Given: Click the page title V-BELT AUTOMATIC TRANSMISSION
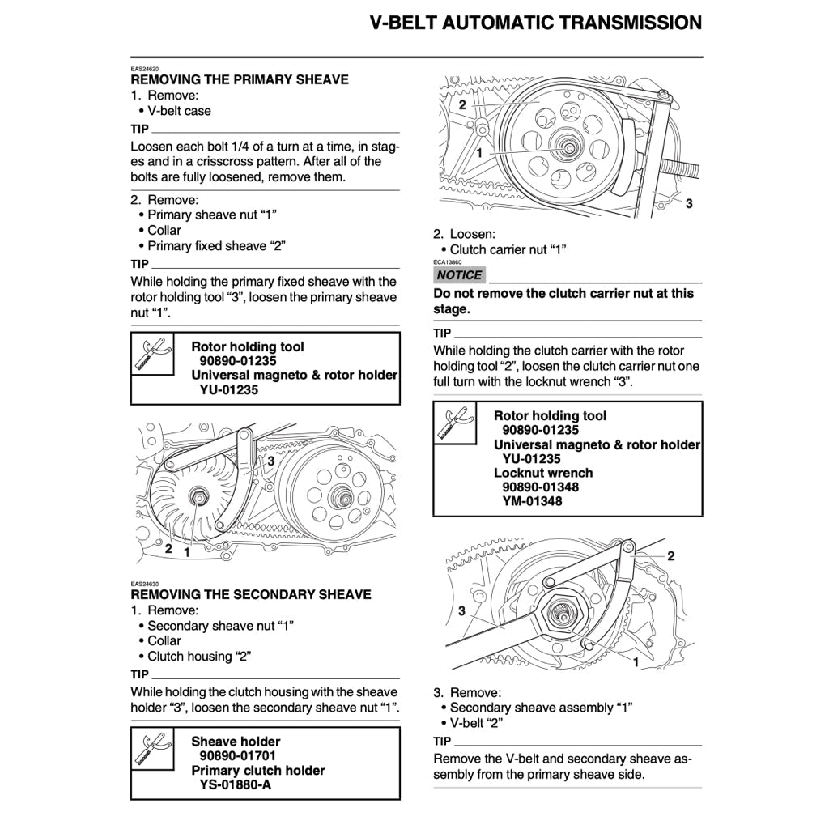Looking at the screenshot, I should tap(535, 23).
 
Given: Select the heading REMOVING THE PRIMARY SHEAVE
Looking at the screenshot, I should tap(240, 79).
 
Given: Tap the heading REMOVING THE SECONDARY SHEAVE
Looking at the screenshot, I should tap(251, 594).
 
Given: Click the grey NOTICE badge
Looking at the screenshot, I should tap(459, 275).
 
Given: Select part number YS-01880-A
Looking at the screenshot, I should tap(236, 784).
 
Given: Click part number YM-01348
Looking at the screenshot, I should tap(532, 501).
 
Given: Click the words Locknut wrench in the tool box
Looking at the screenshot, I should tap(543, 473).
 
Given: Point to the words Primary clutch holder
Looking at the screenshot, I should tap(258, 770).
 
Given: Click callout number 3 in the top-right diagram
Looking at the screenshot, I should tap(689, 204).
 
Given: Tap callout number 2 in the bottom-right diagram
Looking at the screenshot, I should tap(670, 556).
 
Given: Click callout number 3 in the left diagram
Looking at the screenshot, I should tap(271, 460).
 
